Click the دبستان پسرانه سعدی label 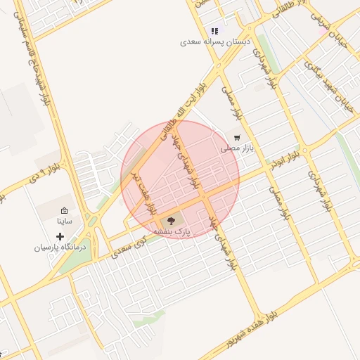pyautogui.click(x=215, y=42)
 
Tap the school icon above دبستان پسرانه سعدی pyautogui.click(x=214, y=31)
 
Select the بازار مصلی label pyautogui.click(x=236, y=148)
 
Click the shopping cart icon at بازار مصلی pyautogui.click(x=237, y=138)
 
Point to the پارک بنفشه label pyautogui.click(x=172, y=231)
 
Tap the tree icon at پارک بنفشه pyautogui.click(x=172, y=221)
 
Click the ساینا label pyautogui.click(x=65, y=221)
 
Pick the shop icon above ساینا pyautogui.click(x=65, y=210)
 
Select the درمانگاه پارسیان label pyautogui.click(x=60, y=247)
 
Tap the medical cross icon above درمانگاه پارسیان pyautogui.click(x=60, y=236)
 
